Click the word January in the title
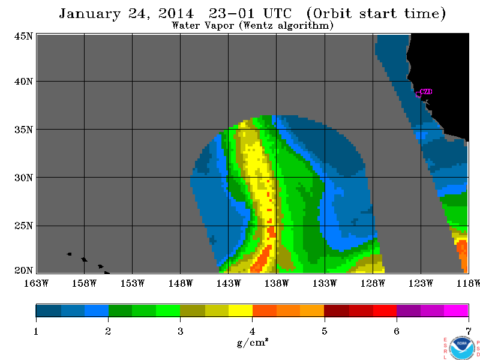point(89,14)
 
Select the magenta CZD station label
point(426,92)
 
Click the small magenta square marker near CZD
point(418,94)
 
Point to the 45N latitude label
point(23,36)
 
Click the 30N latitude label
point(23,178)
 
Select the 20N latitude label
point(23,271)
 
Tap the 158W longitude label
point(84,283)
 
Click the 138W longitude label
point(277,283)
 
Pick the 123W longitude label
point(421,283)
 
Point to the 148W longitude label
point(181,283)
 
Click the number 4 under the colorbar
point(252,331)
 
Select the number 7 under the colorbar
point(469,331)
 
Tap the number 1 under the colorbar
point(36,331)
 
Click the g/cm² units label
point(252,342)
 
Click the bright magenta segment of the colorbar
point(456,310)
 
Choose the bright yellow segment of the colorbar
point(241,310)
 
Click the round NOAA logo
point(461,349)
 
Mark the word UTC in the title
point(277,13)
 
